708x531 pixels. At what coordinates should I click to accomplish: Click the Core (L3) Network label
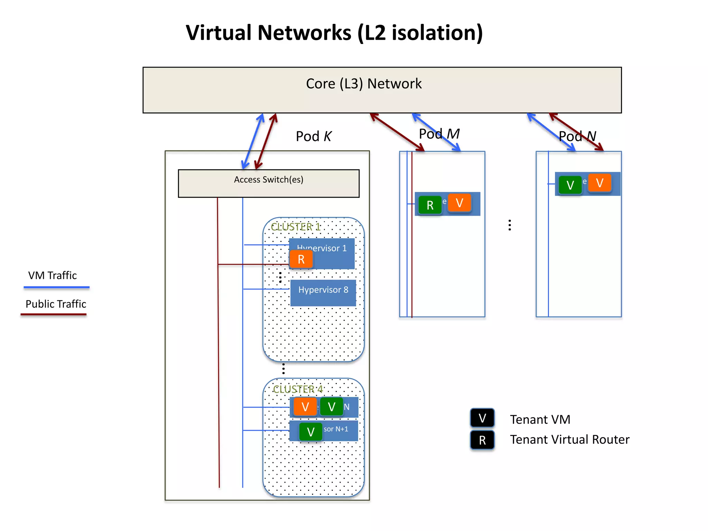[x=364, y=84]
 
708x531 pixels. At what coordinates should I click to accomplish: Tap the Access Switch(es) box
[x=268, y=183]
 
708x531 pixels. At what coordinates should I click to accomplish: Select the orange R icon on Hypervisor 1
[x=301, y=259]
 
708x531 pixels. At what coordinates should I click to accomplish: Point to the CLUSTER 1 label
[x=296, y=227]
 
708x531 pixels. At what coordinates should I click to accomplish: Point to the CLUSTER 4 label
[x=298, y=389]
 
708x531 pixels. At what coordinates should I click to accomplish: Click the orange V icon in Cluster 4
[x=305, y=407]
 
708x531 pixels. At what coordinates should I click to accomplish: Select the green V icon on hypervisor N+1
[x=310, y=432]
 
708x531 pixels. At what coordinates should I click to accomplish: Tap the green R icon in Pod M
[x=430, y=205]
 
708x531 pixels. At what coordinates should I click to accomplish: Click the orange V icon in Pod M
[x=459, y=203]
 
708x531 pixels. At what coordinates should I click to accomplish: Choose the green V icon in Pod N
[x=570, y=185]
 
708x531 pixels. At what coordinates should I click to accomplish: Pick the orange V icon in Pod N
[x=599, y=183]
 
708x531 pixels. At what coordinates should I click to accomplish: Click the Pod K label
[x=313, y=136]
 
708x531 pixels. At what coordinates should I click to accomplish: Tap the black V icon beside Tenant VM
[x=482, y=418]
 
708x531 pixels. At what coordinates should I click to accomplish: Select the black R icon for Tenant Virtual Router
[x=482, y=440]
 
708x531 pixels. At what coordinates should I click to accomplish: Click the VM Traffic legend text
[x=53, y=276]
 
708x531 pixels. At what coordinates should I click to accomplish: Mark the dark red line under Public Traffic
[x=54, y=314]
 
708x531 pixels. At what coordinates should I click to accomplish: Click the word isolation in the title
[x=437, y=33]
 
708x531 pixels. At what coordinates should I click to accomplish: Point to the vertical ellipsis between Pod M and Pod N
[x=510, y=225]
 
